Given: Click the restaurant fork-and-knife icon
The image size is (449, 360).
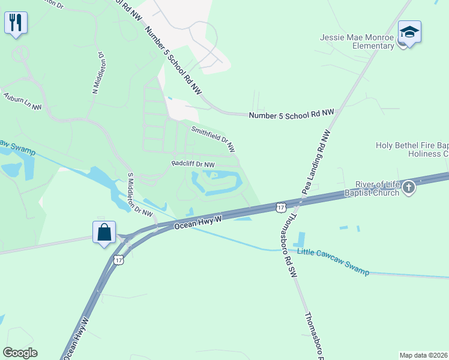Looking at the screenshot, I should tap(15, 23).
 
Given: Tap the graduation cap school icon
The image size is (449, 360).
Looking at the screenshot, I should tap(409, 32).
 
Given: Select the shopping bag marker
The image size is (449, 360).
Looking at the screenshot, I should tap(104, 232).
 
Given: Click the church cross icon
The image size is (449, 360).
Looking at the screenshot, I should tap(408, 188).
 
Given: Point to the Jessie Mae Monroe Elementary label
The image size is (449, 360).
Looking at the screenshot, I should tap(357, 41).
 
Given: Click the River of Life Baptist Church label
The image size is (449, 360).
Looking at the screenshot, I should tap(369, 188).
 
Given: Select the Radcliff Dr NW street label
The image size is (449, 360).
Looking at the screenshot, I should tap(193, 164).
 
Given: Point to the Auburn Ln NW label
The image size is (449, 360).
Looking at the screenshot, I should tap(22, 101).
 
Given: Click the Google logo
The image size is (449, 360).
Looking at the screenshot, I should tap(20, 353).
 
